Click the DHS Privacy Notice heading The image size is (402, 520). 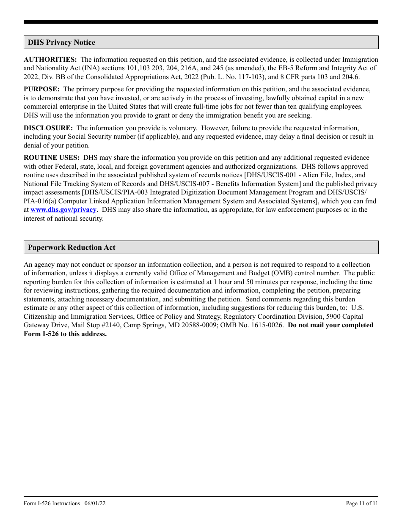tap(61, 42)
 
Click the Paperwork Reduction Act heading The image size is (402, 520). tap(72, 247)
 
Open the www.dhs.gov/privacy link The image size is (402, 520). tap(63, 210)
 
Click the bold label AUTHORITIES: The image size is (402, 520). tap(50, 60)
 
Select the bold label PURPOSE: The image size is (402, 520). tap(42, 89)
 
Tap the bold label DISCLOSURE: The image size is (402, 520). tap(48, 128)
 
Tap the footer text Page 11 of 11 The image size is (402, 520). tap(362, 503)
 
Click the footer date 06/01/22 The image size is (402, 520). tap(95, 503)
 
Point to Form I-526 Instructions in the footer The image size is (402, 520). tap(52, 503)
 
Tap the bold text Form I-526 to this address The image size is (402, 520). tap(65, 334)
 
